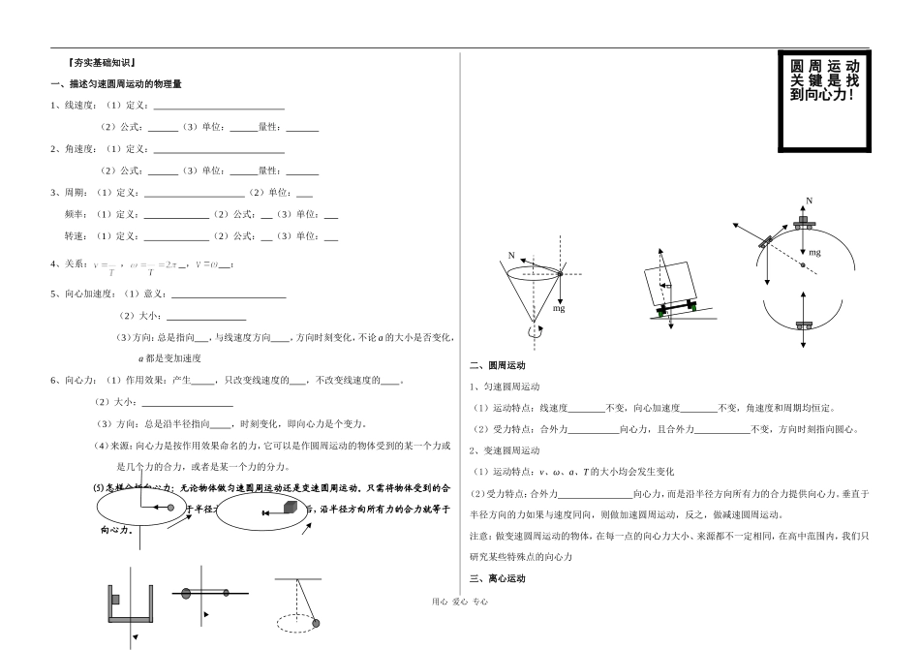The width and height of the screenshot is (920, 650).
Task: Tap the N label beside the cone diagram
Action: (511, 256)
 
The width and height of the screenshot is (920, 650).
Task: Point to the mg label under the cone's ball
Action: (559, 308)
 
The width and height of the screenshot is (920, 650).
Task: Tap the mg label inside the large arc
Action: (814, 252)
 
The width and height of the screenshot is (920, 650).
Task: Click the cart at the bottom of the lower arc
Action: (803, 325)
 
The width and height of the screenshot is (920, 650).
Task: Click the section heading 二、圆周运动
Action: (497, 366)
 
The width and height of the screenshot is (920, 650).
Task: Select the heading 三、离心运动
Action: (497, 578)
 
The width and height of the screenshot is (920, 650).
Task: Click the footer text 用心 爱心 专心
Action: (459, 602)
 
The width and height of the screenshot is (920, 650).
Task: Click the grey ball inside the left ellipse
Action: (172, 507)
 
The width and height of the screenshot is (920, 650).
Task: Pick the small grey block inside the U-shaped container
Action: (115, 599)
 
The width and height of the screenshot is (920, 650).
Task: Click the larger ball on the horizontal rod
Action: (185, 593)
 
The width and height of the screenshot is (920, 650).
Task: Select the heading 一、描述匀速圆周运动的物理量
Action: (116, 84)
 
